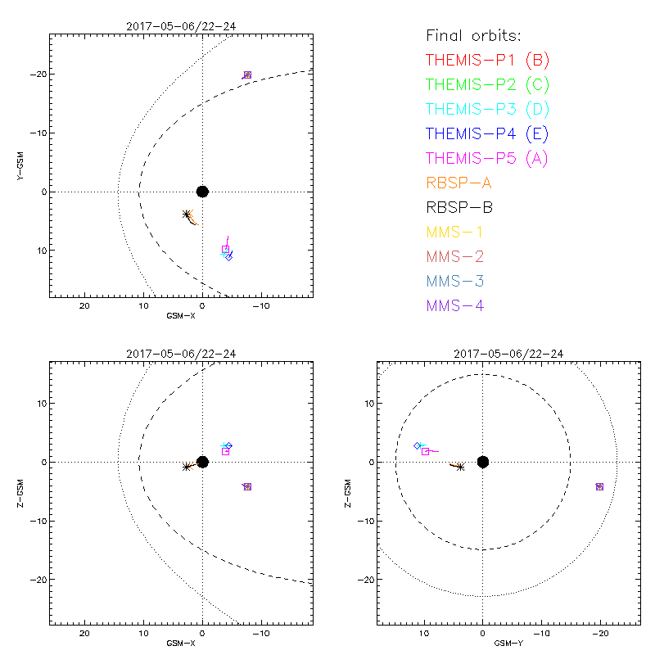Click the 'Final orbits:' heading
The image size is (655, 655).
(474, 35)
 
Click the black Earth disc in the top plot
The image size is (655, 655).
(202, 192)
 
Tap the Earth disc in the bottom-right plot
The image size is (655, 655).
(483, 462)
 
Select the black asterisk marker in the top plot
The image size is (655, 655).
(187, 215)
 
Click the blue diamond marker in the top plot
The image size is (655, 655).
(229, 258)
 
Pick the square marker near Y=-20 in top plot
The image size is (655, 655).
(247, 75)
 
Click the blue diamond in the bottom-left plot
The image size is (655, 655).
(229, 445)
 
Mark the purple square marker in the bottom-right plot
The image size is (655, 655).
(599, 486)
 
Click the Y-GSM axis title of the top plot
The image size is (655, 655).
(21, 165)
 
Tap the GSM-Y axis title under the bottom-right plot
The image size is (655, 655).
(506, 643)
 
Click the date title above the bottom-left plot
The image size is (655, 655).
(180, 354)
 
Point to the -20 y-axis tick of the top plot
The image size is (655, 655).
(38, 75)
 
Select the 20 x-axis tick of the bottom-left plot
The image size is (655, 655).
(84, 633)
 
